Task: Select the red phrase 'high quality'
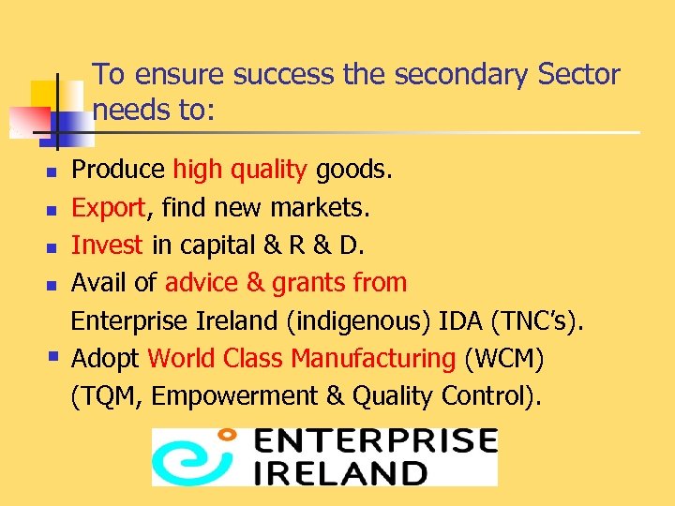tap(240, 170)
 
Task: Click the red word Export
tap(108, 207)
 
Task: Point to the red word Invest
tap(107, 245)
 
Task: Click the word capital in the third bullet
tap(216, 245)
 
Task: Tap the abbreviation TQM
tap(109, 396)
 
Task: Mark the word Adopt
tap(106, 358)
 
